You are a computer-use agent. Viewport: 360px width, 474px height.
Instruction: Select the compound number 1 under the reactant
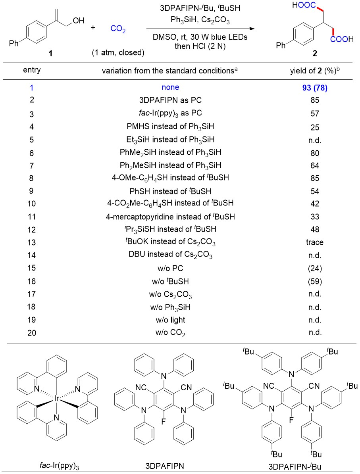coord(49,54)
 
